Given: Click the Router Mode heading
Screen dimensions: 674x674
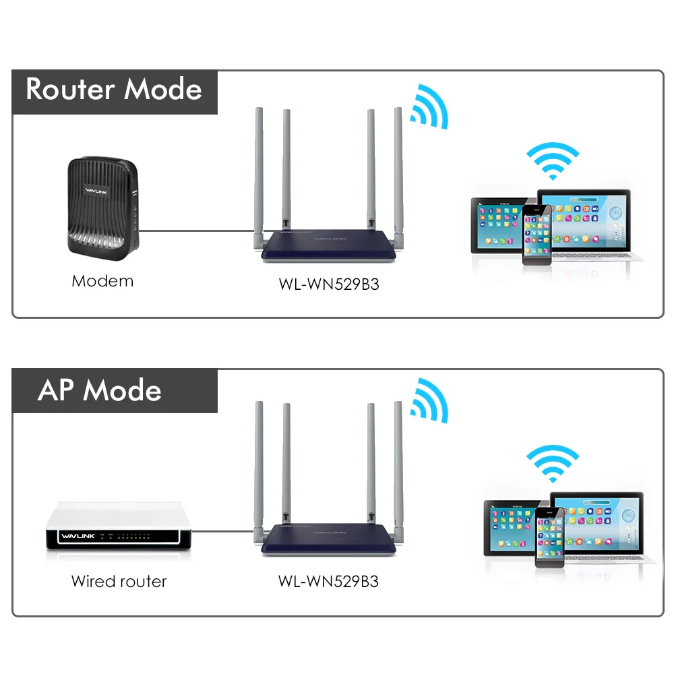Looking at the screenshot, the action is coord(114,89).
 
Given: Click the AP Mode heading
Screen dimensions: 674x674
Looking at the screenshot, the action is coord(100,390).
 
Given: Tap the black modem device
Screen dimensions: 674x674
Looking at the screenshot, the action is coord(103,208).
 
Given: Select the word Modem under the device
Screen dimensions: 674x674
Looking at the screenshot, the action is coord(102,281).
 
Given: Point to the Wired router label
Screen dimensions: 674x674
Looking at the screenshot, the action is coord(119,582).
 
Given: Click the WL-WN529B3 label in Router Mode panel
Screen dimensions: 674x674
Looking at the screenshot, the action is coord(329,284).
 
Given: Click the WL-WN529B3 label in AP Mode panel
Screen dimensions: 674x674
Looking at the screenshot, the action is coord(328,582).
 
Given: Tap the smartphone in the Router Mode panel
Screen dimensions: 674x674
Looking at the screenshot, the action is coord(537,235).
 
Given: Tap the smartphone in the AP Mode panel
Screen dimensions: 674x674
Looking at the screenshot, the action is coord(549,537).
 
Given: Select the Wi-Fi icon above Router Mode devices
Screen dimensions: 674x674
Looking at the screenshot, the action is coord(553,161).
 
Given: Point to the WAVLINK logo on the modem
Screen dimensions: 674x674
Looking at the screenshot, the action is coord(96,191).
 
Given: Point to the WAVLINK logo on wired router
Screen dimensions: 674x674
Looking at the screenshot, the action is coord(78,536).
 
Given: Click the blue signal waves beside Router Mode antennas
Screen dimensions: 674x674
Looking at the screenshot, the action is coord(429,106).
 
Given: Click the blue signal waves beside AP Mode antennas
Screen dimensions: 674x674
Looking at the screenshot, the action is coord(429,400).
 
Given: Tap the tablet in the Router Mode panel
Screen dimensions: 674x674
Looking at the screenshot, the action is coord(498,225).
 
